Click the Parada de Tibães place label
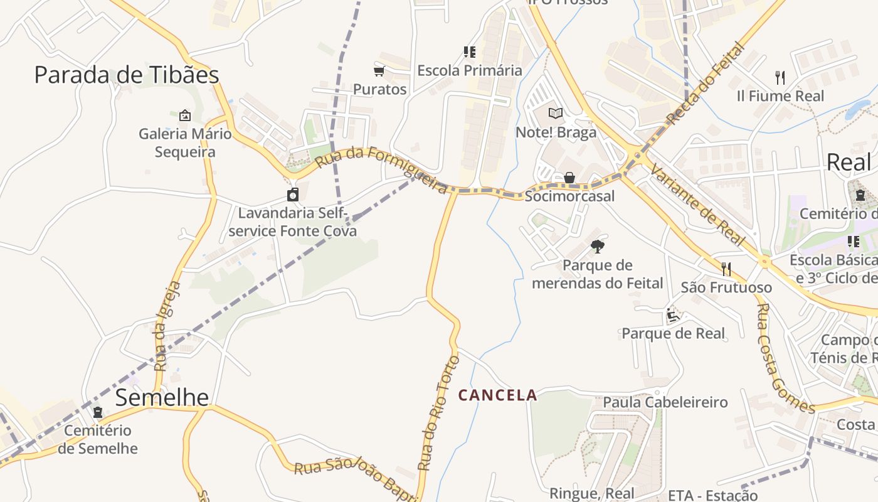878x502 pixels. [127, 75]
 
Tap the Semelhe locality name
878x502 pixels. [162, 397]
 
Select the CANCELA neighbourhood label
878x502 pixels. [497, 395]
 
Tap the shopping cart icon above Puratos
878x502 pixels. [379, 71]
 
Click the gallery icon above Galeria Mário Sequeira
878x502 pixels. [184, 115]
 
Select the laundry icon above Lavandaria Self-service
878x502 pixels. [293, 194]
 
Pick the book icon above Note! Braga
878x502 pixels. [556, 113]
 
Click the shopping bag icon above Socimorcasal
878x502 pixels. [569, 178]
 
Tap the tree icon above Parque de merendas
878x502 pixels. [597, 246]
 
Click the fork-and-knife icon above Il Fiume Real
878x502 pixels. [780, 78]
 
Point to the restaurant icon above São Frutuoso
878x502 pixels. [726, 269]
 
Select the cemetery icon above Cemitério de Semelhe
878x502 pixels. [98, 412]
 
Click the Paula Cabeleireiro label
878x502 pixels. [665, 402]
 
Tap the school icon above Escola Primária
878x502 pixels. [469, 51]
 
